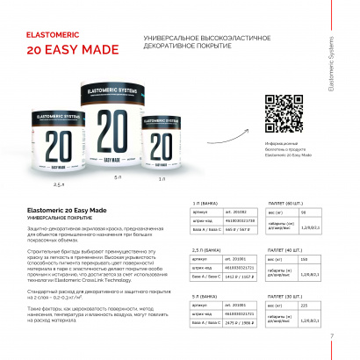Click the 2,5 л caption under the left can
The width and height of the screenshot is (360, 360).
coord(59,185)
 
